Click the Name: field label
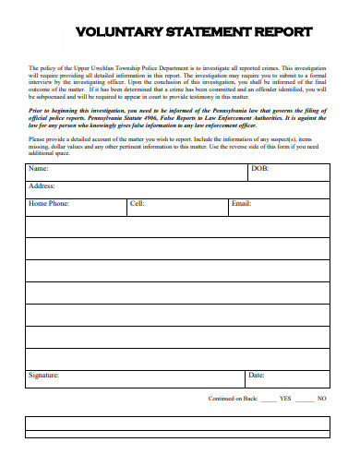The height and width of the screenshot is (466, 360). tap(39, 170)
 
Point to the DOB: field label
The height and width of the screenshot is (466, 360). tap(260, 170)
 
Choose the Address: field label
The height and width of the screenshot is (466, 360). tap(42, 186)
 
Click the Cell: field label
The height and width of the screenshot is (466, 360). tap(137, 203)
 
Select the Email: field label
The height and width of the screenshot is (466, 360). tap(241, 203)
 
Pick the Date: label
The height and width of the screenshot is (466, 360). tap(256, 376)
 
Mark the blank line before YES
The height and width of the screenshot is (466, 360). tap(268, 400)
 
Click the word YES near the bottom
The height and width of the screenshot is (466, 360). tap(284, 399)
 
